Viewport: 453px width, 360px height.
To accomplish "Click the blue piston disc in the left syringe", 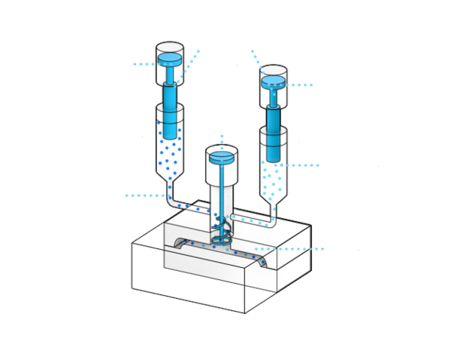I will point(169,57).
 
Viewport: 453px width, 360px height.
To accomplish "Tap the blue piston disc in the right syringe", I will point(273,79).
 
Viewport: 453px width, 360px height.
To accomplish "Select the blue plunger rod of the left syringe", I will point(169,106).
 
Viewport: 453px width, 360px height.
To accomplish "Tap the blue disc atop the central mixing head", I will point(221,158).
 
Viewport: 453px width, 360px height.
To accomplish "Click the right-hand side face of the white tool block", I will point(294,260).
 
